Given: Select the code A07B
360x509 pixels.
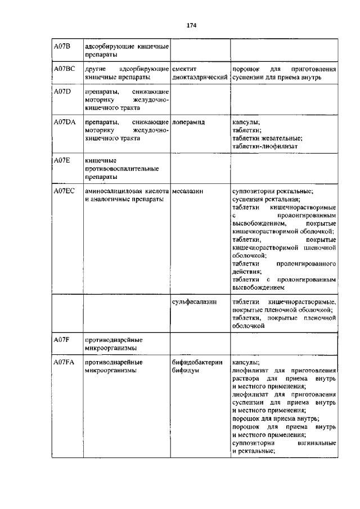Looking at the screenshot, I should pos(61,46).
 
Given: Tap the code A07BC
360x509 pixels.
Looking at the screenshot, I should pos(64,69).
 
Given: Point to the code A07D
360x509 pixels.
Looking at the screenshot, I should pos(62,92).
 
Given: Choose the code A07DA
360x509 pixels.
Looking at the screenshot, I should pos(64,122).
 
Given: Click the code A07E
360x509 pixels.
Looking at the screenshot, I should pos(61,161).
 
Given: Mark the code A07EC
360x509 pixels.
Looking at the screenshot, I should pos(64,192).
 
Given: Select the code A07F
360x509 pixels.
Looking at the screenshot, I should pos(61,340).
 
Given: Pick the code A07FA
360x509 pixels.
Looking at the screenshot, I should pos(64,363).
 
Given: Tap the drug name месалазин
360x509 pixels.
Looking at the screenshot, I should pos(187,192).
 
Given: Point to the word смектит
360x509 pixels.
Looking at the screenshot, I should pos(185,69).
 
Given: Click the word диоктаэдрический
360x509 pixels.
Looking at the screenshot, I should pos(200,77).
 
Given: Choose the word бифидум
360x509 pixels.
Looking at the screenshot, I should pos(186,371).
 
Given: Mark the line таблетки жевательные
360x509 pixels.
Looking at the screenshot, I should pos(268,138).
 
